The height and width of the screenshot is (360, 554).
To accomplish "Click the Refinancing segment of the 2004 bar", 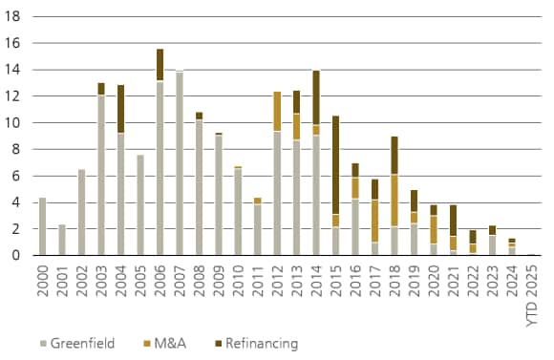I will (x=120, y=109).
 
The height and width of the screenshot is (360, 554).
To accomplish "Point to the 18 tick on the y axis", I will (x=13, y=17).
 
